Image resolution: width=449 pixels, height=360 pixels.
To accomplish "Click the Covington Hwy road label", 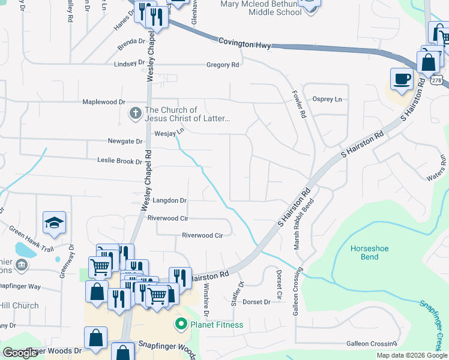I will (x=244, y=43).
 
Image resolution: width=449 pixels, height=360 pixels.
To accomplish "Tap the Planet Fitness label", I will (x=216, y=325).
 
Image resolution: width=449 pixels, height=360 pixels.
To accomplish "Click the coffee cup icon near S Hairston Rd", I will (x=402, y=78).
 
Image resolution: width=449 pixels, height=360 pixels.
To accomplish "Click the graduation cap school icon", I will (x=55, y=223).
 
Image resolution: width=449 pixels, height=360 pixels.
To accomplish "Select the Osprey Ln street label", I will (x=327, y=99).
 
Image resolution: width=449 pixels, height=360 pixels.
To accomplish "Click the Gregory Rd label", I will (x=223, y=65).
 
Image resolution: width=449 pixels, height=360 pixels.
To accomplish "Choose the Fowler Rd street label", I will (x=300, y=103).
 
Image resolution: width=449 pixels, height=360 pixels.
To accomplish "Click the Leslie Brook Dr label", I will (x=119, y=161).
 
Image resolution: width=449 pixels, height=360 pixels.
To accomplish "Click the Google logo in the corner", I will (x=20, y=353).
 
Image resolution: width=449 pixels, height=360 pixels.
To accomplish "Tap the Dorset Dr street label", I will (x=256, y=302).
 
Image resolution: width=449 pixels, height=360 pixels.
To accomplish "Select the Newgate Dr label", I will (x=125, y=142).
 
